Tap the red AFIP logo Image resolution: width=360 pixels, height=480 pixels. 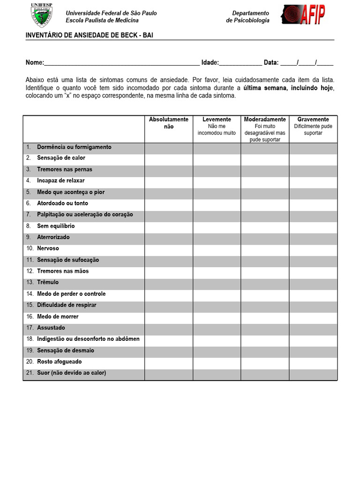tap(303, 16)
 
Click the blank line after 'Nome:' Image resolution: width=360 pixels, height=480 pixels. tap(122, 62)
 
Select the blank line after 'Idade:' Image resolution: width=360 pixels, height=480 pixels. tap(240, 62)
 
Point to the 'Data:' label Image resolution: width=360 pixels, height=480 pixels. tap(271, 62)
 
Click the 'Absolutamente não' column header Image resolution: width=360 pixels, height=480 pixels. tap(169, 123)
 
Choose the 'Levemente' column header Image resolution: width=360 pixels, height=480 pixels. tap(217, 120)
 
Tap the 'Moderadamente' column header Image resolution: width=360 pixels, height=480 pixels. tap(265, 120)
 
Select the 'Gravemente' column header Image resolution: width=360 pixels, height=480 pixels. tap(313, 120)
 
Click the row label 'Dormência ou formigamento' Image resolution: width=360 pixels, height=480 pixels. tap(74, 147)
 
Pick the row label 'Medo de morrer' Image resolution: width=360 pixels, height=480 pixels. tap(58, 316)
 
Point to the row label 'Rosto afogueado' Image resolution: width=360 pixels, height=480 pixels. tap(59, 362)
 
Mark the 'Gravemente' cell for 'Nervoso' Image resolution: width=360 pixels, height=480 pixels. tap(313, 248)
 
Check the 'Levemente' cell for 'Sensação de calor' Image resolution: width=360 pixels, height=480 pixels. tap(217, 158)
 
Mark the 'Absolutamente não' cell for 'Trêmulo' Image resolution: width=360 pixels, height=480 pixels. tap(169, 283)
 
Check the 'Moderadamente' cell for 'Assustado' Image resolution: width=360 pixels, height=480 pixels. tap(265, 328)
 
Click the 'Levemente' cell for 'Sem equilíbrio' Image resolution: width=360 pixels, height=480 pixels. tap(217, 226)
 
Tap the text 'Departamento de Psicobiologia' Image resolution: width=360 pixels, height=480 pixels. tap(248, 17)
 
